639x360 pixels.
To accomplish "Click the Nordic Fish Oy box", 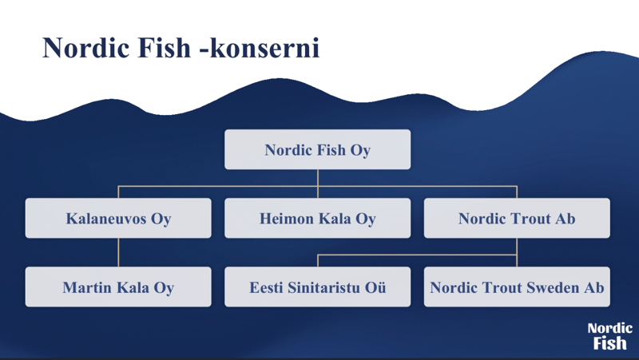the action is (317, 149).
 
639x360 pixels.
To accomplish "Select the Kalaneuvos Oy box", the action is (118, 218).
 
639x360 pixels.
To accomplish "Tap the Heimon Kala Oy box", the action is (317, 218).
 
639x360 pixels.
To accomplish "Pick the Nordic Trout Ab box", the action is (517, 218).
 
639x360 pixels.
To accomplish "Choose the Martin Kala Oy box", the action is (118, 287).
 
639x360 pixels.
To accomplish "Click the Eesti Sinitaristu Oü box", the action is (317, 287).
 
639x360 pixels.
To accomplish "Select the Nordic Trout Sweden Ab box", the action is (517, 287).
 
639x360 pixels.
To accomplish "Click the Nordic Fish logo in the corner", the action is (609, 336).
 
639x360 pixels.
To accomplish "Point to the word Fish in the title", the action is (165, 48).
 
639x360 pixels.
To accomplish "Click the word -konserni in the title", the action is (259, 49).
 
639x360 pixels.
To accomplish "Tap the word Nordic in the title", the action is (86, 48).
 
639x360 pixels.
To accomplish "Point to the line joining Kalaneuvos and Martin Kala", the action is (118, 252).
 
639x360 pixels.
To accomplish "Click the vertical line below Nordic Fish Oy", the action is (317, 184).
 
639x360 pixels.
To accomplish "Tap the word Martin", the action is (88, 287).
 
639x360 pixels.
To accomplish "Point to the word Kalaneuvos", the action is (106, 219).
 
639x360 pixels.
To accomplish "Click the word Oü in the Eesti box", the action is (375, 287).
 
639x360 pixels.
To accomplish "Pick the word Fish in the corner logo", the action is (609, 343).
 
